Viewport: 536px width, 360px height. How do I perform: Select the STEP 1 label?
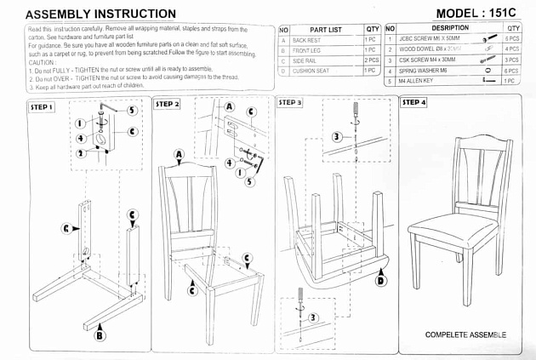[x=42, y=108]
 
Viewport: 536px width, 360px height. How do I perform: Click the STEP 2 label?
[x=168, y=104]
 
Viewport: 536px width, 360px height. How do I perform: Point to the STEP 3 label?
[x=289, y=103]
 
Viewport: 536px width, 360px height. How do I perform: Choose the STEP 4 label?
[x=413, y=103]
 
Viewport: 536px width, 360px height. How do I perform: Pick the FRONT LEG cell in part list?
[x=307, y=50]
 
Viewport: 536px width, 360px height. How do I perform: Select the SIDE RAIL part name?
[x=305, y=61]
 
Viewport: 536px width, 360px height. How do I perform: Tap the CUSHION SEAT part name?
[x=311, y=71]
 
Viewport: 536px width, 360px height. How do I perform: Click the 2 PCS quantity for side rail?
[x=372, y=61]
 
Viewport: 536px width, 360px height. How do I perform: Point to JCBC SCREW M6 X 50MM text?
[x=429, y=39]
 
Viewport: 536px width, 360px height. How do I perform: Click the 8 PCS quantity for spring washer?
[x=511, y=71]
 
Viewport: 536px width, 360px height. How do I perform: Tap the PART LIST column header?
[x=325, y=29]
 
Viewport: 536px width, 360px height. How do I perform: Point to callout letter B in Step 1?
[x=100, y=335]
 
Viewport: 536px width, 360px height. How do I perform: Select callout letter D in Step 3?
[x=379, y=280]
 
